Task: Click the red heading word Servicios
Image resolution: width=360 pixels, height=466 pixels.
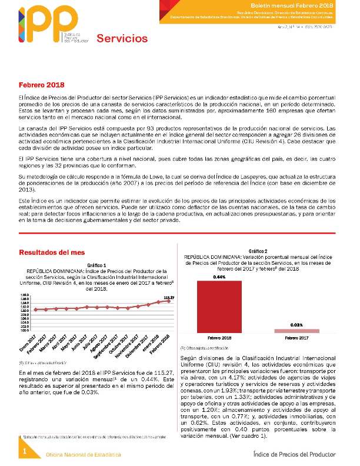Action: (x=122, y=39)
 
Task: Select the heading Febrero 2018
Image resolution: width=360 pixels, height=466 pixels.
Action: (x=41, y=85)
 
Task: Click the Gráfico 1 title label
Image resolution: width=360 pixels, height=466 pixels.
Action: (x=96, y=265)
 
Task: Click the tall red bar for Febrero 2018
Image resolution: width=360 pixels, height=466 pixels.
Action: (x=219, y=306)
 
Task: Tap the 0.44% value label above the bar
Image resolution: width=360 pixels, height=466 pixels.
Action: (x=219, y=277)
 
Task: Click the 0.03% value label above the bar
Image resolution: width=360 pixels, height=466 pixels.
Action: (x=296, y=325)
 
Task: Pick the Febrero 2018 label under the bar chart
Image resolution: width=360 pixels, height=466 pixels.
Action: (x=219, y=338)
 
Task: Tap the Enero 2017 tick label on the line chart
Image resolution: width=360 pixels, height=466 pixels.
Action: (x=28, y=339)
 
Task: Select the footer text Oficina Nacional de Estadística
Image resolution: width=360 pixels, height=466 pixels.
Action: (x=84, y=455)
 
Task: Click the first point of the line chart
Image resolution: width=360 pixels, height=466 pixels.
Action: (x=35, y=309)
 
